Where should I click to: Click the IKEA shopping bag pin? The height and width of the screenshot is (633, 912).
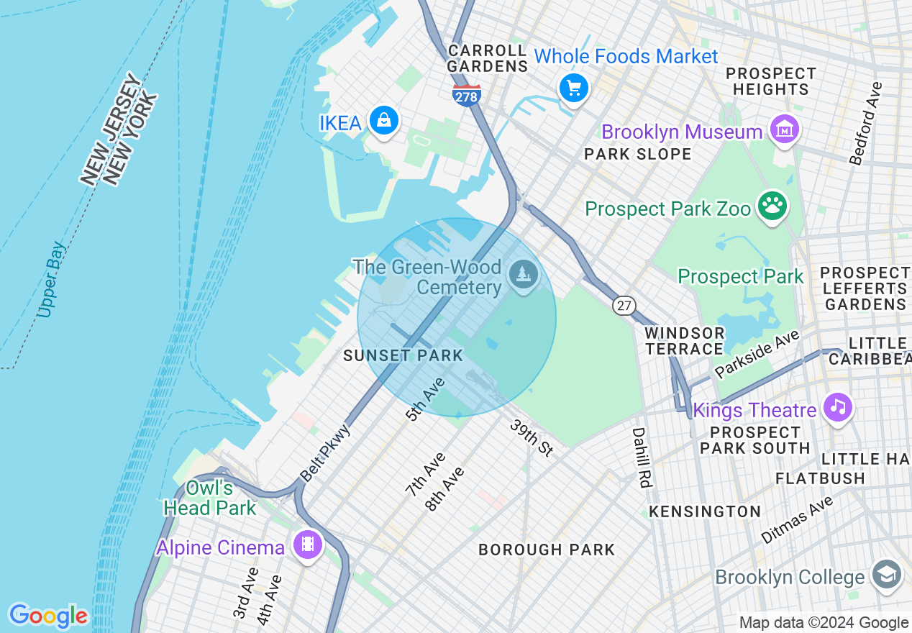[x=384, y=120]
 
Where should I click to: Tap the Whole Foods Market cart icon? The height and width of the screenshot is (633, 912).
[x=573, y=88]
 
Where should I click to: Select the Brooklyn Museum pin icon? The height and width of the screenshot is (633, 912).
[x=784, y=130]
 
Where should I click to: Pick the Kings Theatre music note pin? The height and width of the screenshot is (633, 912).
[x=837, y=407]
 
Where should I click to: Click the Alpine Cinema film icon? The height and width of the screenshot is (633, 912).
[x=308, y=545]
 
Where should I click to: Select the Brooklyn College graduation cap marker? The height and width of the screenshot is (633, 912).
[x=886, y=575]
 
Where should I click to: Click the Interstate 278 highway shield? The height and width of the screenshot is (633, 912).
[x=467, y=94]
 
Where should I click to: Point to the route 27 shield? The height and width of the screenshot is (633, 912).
[x=624, y=306]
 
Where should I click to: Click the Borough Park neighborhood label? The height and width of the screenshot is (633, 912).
[x=547, y=550]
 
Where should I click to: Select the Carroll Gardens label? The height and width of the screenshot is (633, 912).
[x=488, y=58]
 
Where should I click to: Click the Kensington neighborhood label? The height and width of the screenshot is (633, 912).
[x=705, y=511]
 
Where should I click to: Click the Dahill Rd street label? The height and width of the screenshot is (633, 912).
[x=642, y=457]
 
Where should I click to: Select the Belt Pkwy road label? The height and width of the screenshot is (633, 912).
[x=325, y=452]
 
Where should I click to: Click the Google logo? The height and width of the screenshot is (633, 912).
[x=48, y=616]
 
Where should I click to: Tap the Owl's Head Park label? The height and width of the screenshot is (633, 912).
[x=209, y=498]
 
